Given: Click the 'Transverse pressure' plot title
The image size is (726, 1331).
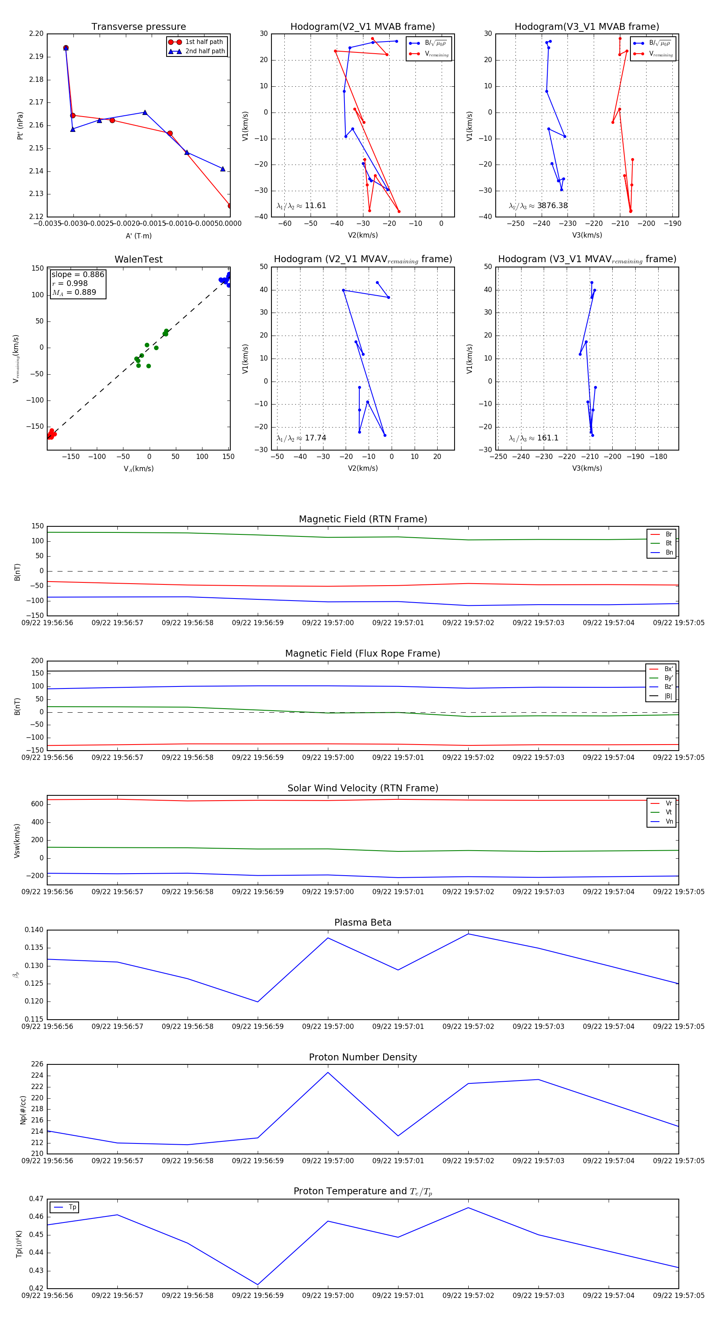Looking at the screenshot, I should (x=138, y=27).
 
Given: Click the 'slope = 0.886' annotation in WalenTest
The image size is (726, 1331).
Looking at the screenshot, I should (x=77, y=274).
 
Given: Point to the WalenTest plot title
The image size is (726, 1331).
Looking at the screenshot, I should (x=138, y=259).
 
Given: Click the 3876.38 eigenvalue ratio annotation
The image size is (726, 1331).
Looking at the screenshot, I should (x=538, y=206).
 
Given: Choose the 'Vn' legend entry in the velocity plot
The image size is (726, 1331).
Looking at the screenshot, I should (x=669, y=822).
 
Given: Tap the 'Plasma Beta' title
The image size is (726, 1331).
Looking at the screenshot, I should (x=363, y=922).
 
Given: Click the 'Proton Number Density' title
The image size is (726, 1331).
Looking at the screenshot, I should (x=363, y=1057).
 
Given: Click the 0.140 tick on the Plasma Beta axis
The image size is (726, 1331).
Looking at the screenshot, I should (x=34, y=930).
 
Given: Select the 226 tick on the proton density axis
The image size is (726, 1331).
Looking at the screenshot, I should (x=37, y=1064).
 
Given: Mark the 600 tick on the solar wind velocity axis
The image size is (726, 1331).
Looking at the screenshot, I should (x=37, y=804).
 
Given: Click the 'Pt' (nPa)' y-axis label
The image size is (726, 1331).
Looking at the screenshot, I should (x=20, y=125).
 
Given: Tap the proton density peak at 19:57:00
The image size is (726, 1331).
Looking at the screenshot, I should (x=328, y=1072).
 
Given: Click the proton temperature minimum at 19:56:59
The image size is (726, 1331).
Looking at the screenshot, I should (x=258, y=1285).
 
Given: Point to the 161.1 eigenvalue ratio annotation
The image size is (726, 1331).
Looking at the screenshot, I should (x=533, y=438).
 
